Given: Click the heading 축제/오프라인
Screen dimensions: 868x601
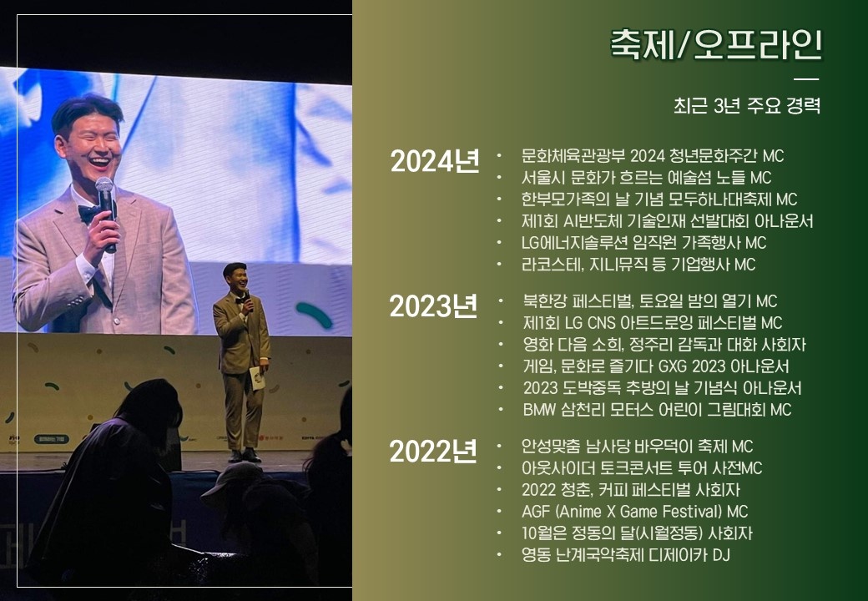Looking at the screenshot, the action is (716, 44).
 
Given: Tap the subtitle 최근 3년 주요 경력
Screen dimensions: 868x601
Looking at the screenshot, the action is (747, 105).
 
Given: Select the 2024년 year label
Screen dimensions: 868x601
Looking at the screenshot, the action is (435, 161).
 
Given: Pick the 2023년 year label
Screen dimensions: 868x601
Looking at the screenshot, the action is (433, 306).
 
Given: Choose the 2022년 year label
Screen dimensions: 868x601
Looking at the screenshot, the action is (433, 452).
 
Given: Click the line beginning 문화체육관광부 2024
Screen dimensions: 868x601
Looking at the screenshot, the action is (653, 156).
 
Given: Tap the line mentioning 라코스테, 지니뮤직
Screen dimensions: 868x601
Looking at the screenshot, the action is (638, 264).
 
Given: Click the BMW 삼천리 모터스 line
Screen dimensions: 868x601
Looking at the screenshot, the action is (657, 410).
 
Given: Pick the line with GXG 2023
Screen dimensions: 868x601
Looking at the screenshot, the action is (656, 366).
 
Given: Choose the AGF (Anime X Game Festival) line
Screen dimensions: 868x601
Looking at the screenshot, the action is (634, 511).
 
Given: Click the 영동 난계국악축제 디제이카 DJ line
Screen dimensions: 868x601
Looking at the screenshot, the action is (625, 554).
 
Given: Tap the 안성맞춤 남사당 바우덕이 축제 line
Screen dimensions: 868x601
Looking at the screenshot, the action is (637, 446).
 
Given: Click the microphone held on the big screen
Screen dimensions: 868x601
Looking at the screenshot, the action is (106, 213).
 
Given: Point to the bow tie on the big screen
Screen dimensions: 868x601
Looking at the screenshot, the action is (91, 212).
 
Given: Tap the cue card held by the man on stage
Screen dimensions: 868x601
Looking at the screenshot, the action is (257, 377).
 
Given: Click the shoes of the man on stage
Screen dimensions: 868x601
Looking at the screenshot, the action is (244, 456).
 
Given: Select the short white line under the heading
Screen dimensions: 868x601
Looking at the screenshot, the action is (806, 79).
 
